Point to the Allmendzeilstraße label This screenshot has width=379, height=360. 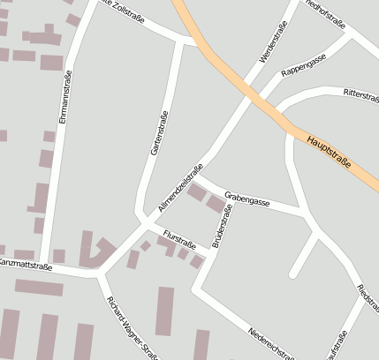click(x=180, y=187)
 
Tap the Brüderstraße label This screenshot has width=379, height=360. click(x=222, y=225)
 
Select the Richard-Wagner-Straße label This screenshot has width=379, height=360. click(x=125, y=326)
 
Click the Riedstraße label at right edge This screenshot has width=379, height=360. click(x=368, y=300)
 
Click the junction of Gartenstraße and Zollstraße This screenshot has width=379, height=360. click(x=183, y=41)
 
